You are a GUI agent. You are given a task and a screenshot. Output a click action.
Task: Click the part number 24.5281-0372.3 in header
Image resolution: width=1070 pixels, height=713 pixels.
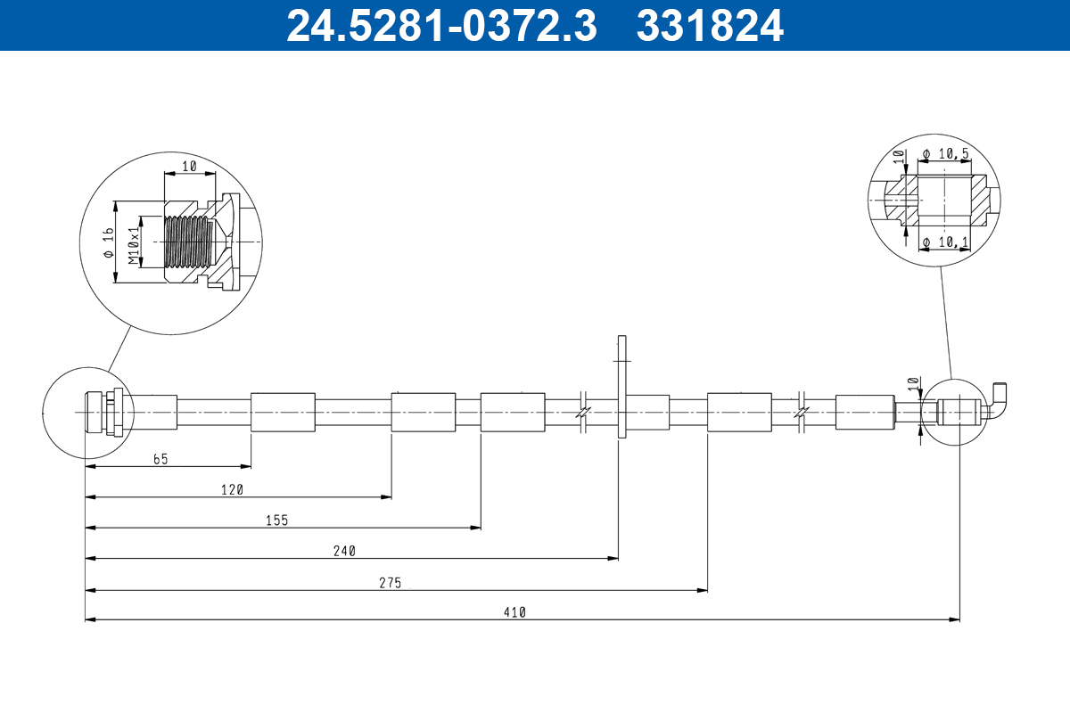coord(440,25)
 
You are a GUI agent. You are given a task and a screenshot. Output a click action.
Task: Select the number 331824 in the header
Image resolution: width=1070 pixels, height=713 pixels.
coord(710,25)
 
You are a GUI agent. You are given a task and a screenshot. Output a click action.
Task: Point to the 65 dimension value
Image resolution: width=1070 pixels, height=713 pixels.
coord(160,459)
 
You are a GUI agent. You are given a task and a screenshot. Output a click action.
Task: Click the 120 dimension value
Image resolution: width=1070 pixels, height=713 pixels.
coord(232,489)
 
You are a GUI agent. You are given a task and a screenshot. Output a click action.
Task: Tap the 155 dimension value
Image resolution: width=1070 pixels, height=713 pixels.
coord(276,520)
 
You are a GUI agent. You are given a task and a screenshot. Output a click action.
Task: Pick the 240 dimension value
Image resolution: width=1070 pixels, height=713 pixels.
coord(345,551)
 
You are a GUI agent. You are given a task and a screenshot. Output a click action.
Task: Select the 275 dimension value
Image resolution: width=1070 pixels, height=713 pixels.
coord(390,582)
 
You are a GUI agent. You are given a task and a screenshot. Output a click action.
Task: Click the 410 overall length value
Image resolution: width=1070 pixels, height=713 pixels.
coord(514,612)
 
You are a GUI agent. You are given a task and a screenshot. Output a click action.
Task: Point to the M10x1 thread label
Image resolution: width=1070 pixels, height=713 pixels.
coord(134,245)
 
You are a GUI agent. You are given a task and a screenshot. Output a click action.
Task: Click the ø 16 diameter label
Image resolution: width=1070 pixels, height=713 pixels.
coord(108,242)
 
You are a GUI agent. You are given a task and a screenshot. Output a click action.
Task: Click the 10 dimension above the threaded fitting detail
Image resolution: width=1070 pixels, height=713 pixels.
coord(188,167)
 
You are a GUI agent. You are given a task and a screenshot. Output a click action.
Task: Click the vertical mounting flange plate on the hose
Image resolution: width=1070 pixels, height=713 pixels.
coord(621,387)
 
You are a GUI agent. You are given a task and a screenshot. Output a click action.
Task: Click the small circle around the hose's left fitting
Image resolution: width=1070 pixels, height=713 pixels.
coord(87,412)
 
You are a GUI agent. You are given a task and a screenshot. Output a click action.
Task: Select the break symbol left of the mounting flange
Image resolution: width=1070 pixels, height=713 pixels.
coord(581,412)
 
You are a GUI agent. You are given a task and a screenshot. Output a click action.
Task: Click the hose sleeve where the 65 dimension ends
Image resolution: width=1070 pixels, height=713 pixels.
coord(283,412)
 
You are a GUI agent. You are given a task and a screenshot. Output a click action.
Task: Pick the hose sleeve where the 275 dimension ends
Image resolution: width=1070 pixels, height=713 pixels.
coord(739,412)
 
